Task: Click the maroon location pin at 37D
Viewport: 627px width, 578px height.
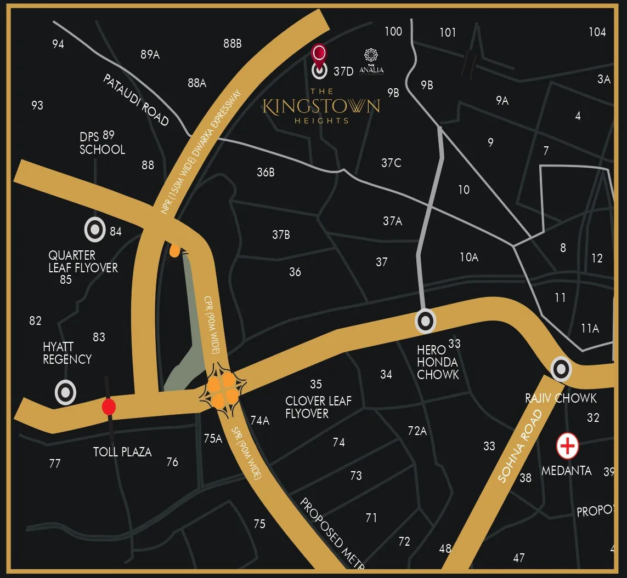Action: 319,54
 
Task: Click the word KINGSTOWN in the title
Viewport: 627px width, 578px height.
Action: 321,106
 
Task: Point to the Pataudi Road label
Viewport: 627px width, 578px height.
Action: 136,100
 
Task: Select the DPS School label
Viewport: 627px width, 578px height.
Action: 102,143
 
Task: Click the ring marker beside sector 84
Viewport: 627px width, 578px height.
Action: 95,230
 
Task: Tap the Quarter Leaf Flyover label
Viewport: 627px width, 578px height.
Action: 83,262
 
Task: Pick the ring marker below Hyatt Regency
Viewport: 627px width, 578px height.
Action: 65,392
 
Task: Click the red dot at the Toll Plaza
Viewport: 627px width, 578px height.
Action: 109,407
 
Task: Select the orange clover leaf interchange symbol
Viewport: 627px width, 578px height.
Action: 222,389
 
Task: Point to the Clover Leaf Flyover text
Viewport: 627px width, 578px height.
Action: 318,407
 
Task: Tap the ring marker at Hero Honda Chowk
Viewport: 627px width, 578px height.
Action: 425,322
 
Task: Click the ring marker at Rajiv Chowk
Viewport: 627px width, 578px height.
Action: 561,369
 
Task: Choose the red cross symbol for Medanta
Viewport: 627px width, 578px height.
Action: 567,447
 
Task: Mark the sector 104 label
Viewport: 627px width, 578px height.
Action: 597,32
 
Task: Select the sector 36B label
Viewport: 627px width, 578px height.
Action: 266,173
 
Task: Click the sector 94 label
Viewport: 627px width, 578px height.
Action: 58,44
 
